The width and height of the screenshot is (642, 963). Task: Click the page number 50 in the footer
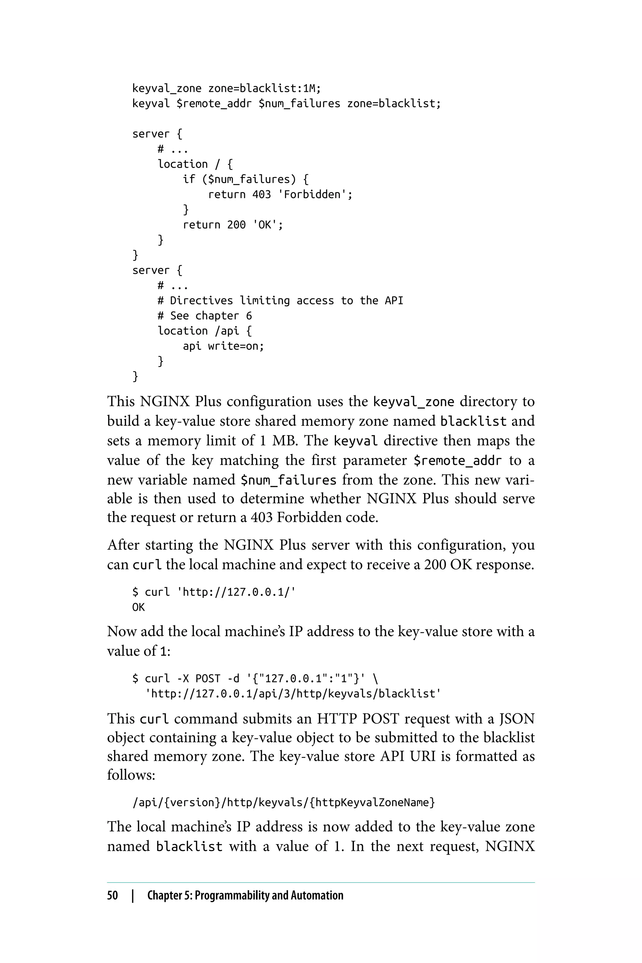[113, 895]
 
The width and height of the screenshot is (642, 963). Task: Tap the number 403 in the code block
[261, 194]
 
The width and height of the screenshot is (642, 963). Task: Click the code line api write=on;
[223, 346]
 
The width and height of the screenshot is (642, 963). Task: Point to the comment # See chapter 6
[205, 316]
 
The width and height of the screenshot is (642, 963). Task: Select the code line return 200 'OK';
[233, 224]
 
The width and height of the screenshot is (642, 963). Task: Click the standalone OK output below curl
[138, 607]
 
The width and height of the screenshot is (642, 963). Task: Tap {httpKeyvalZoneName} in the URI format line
[372, 802]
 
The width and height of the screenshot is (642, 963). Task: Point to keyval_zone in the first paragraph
[413, 402]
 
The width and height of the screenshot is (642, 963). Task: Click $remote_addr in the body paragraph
[457, 460]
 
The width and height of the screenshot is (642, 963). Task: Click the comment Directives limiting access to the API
[281, 301]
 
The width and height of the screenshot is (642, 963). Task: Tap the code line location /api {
[204, 331]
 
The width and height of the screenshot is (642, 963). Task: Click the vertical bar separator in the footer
[133, 895]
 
